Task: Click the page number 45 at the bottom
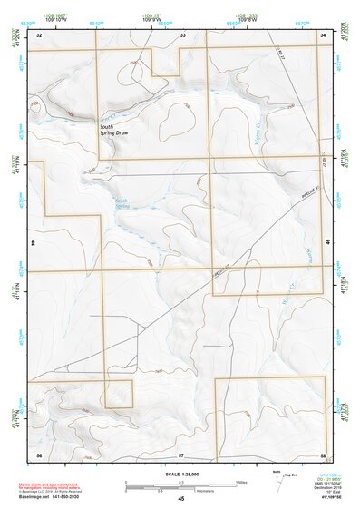(x=180, y=499)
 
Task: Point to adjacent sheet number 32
(x=38, y=34)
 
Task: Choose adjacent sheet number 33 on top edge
(x=182, y=34)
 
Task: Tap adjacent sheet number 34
(x=323, y=34)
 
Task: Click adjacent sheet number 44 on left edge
(x=33, y=244)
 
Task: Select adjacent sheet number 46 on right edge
(x=328, y=244)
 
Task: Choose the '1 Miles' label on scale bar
(x=242, y=481)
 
